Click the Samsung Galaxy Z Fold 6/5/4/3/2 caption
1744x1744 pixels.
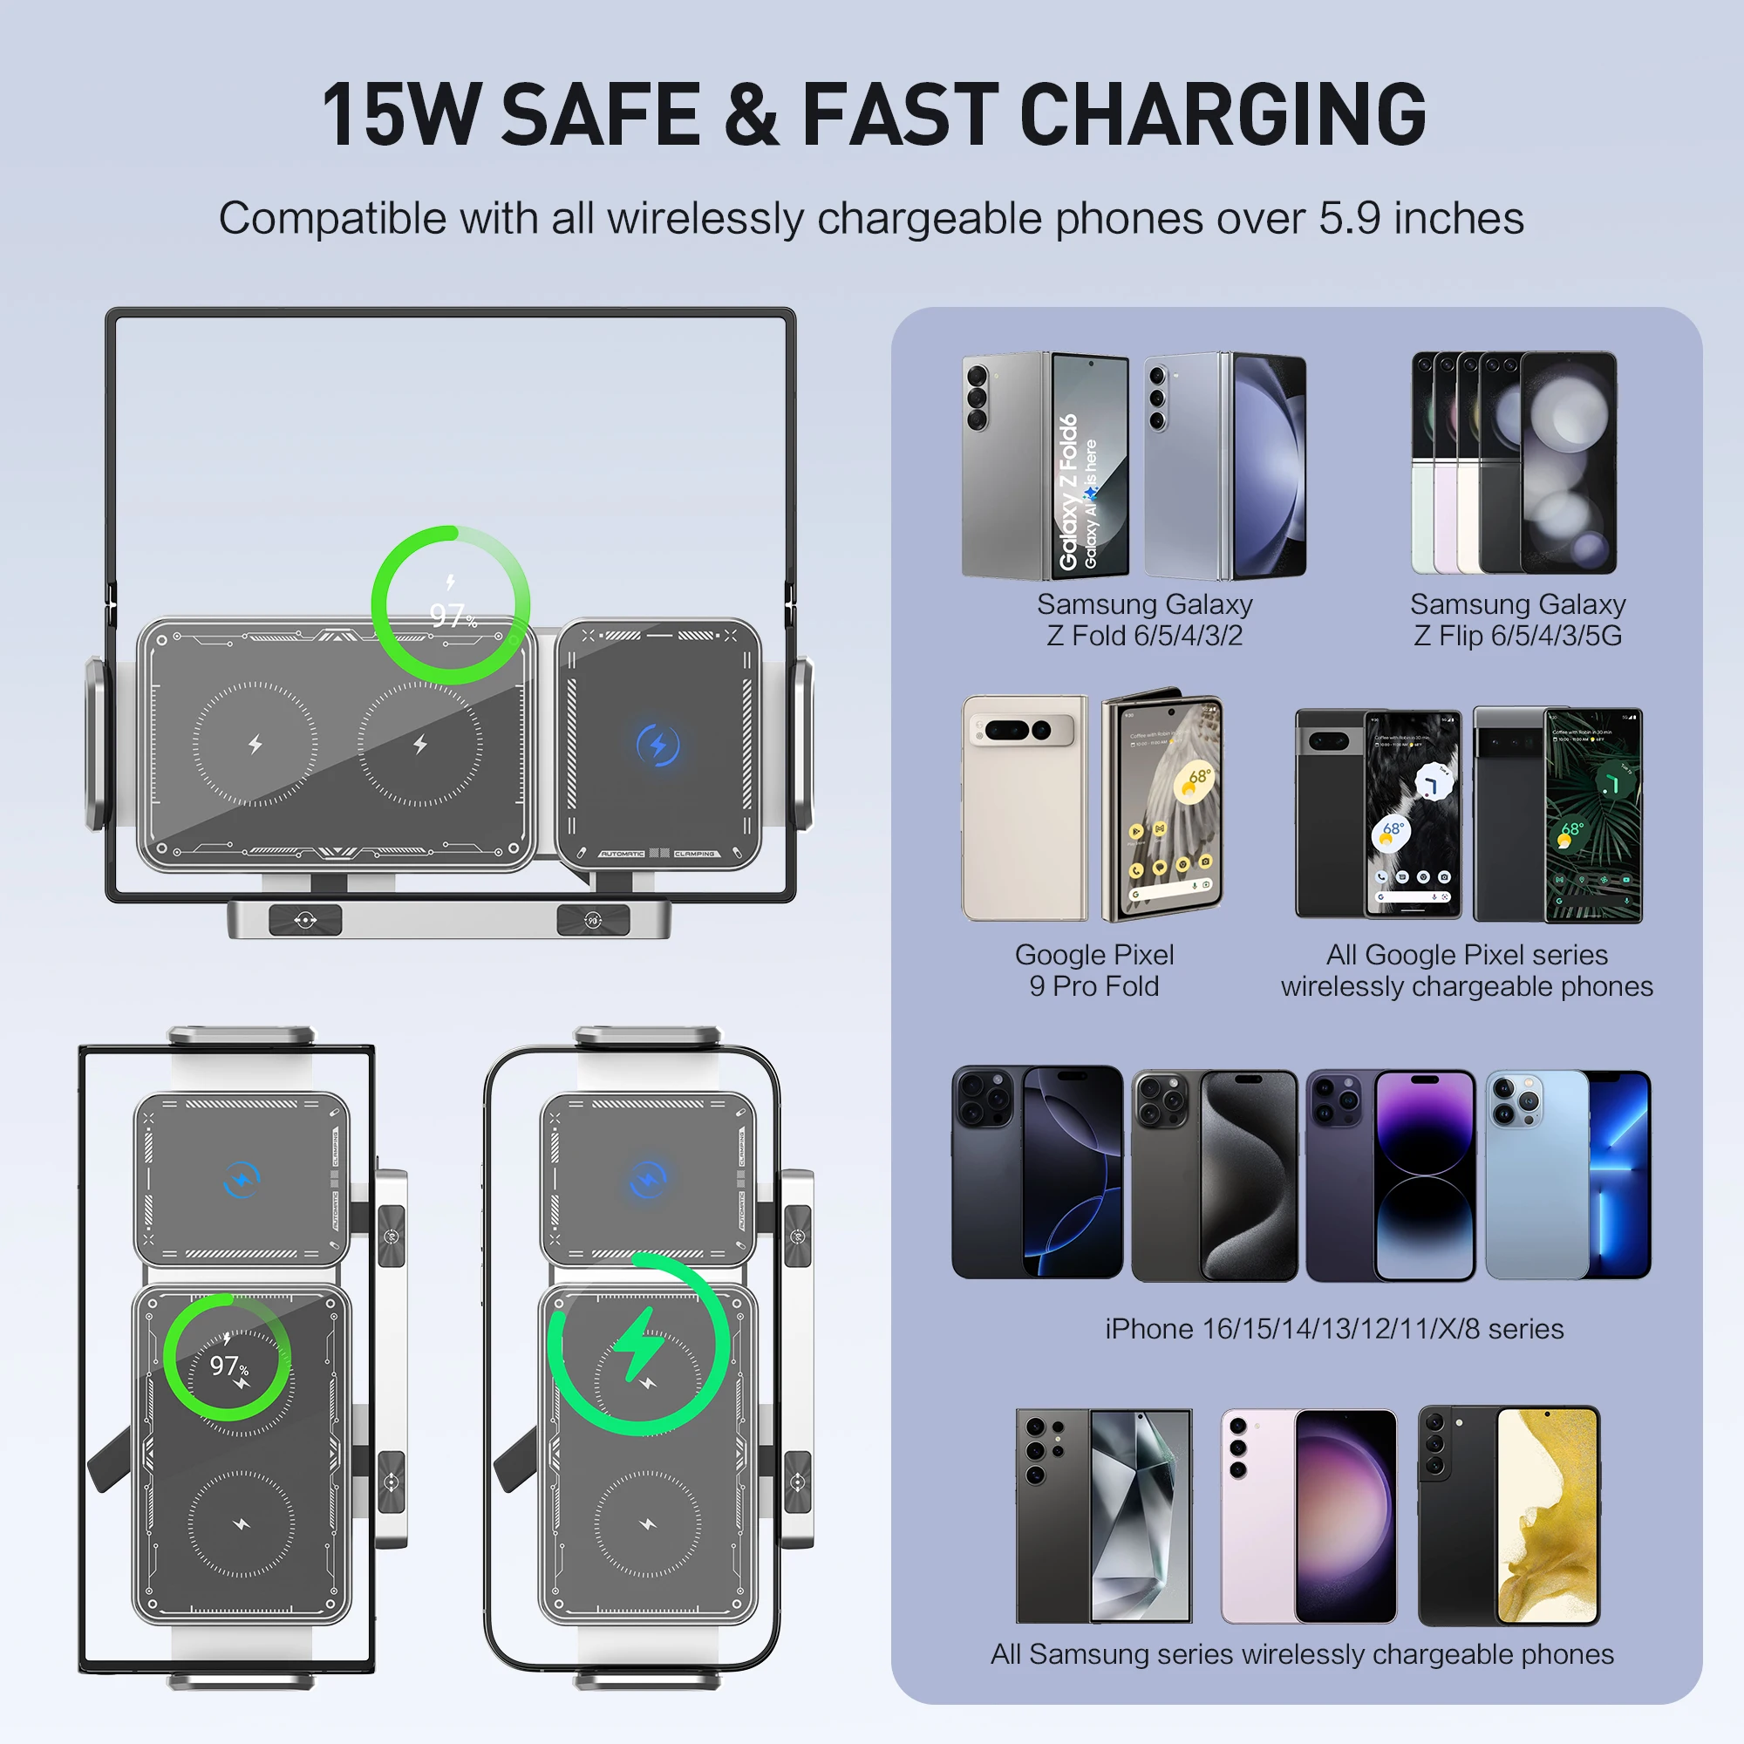pos(1144,619)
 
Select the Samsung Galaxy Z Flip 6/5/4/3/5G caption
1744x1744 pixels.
pos(1517,619)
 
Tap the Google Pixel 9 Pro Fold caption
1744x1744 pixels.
pos(1094,971)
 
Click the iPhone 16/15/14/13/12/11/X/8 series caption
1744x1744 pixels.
pos(1334,1329)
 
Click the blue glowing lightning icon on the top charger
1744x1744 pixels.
pos(658,745)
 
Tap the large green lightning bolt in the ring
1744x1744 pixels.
pos(640,1345)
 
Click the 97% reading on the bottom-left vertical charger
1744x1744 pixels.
pos(228,1365)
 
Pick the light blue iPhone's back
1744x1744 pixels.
pos(1535,1174)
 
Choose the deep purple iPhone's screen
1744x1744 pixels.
pos(1425,1174)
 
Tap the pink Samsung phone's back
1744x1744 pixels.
pos(1257,1516)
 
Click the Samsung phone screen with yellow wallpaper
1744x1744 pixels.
pos(1547,1516)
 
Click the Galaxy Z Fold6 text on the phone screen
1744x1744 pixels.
pos(1069,492)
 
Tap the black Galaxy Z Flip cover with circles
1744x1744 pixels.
pos(1569,462)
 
